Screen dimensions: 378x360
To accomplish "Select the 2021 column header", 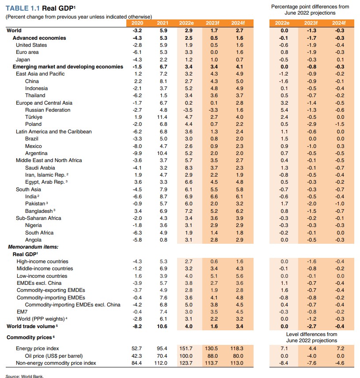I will (163, 23).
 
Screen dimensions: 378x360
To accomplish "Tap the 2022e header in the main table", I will (189, 23).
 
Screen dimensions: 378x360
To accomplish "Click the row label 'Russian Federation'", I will (48, 110).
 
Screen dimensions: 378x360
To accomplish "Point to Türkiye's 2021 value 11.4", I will (163, 117).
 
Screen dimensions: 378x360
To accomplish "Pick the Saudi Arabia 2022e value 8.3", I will (189, 168).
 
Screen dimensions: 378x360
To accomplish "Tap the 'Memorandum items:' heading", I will (33, 247).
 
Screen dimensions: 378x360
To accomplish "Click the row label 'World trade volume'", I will (31, 326).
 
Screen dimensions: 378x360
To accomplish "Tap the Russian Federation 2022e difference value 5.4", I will (284, 110).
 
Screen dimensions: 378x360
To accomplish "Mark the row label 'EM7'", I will (22, 312).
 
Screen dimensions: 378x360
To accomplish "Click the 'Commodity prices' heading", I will (30, 337).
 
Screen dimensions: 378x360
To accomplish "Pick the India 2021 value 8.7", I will (163, 197).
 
